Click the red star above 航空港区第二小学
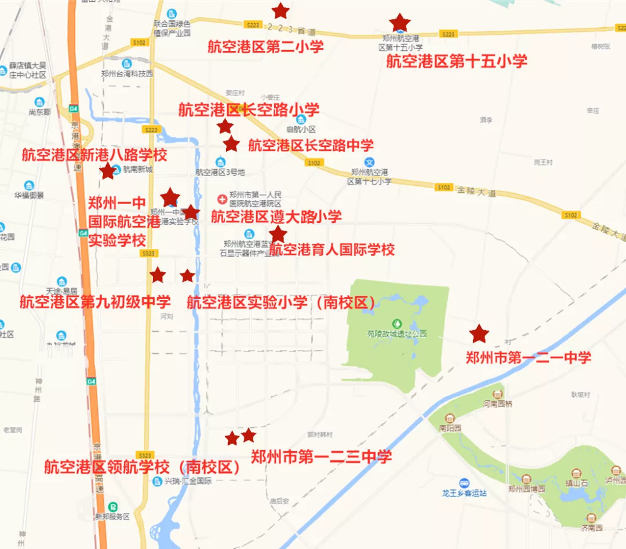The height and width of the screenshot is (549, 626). pos(281,10)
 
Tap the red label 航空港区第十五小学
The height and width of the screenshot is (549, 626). pos(457,61)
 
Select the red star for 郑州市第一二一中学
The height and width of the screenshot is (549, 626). pos(479,334)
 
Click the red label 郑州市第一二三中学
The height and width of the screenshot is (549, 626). pos(321,457)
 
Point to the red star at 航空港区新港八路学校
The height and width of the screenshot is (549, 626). pos(107,171)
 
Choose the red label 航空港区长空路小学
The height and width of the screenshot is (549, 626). pos(249,109)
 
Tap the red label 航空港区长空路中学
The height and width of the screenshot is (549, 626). pos(311,145)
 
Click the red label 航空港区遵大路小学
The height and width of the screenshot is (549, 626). pos(276,217)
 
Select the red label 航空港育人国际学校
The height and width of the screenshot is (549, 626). pos(332,250)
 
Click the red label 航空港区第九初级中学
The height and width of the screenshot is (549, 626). pos(95,302)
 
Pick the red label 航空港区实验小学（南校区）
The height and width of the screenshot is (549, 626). pos(281,302)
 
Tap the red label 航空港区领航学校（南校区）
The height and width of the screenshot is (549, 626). pos(143,467)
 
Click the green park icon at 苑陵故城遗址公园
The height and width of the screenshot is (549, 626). pos(397,323)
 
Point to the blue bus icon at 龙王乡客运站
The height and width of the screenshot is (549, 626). pos(464,482)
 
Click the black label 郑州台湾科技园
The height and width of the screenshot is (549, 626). pos(126,74)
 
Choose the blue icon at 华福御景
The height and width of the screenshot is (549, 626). pos(29,186)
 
